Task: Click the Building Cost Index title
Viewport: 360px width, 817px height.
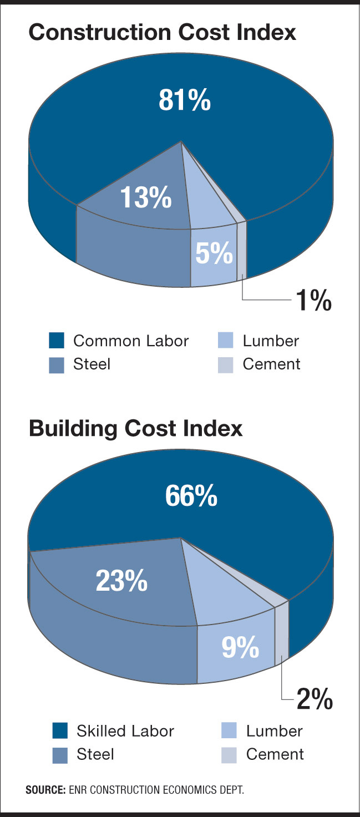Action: (x=135, y=429)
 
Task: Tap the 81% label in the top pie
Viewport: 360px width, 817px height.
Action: (x=185, y=101)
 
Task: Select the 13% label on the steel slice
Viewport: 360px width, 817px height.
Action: (x=145, y=197)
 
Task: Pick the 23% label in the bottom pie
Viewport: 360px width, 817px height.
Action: (x=121, y=581)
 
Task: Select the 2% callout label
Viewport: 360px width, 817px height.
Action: (x=314, y=700)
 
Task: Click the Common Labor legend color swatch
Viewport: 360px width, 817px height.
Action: (x=57, y=341)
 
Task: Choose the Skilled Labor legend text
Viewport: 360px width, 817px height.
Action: (x=125, y=731)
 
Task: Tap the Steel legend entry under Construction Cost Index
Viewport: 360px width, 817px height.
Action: (x=92, y=364)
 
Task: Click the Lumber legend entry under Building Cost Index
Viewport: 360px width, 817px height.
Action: (x=274, y=731)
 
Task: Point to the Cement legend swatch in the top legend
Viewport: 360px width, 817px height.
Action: (x=226, y=365)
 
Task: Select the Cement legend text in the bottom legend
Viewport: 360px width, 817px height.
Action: (x=275, y=754)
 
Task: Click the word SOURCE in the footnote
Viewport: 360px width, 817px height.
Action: (x=45, y=790)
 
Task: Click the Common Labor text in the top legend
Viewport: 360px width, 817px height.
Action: (x=131, y=341)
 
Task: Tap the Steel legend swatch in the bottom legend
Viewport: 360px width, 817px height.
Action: (x=60, y=755)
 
